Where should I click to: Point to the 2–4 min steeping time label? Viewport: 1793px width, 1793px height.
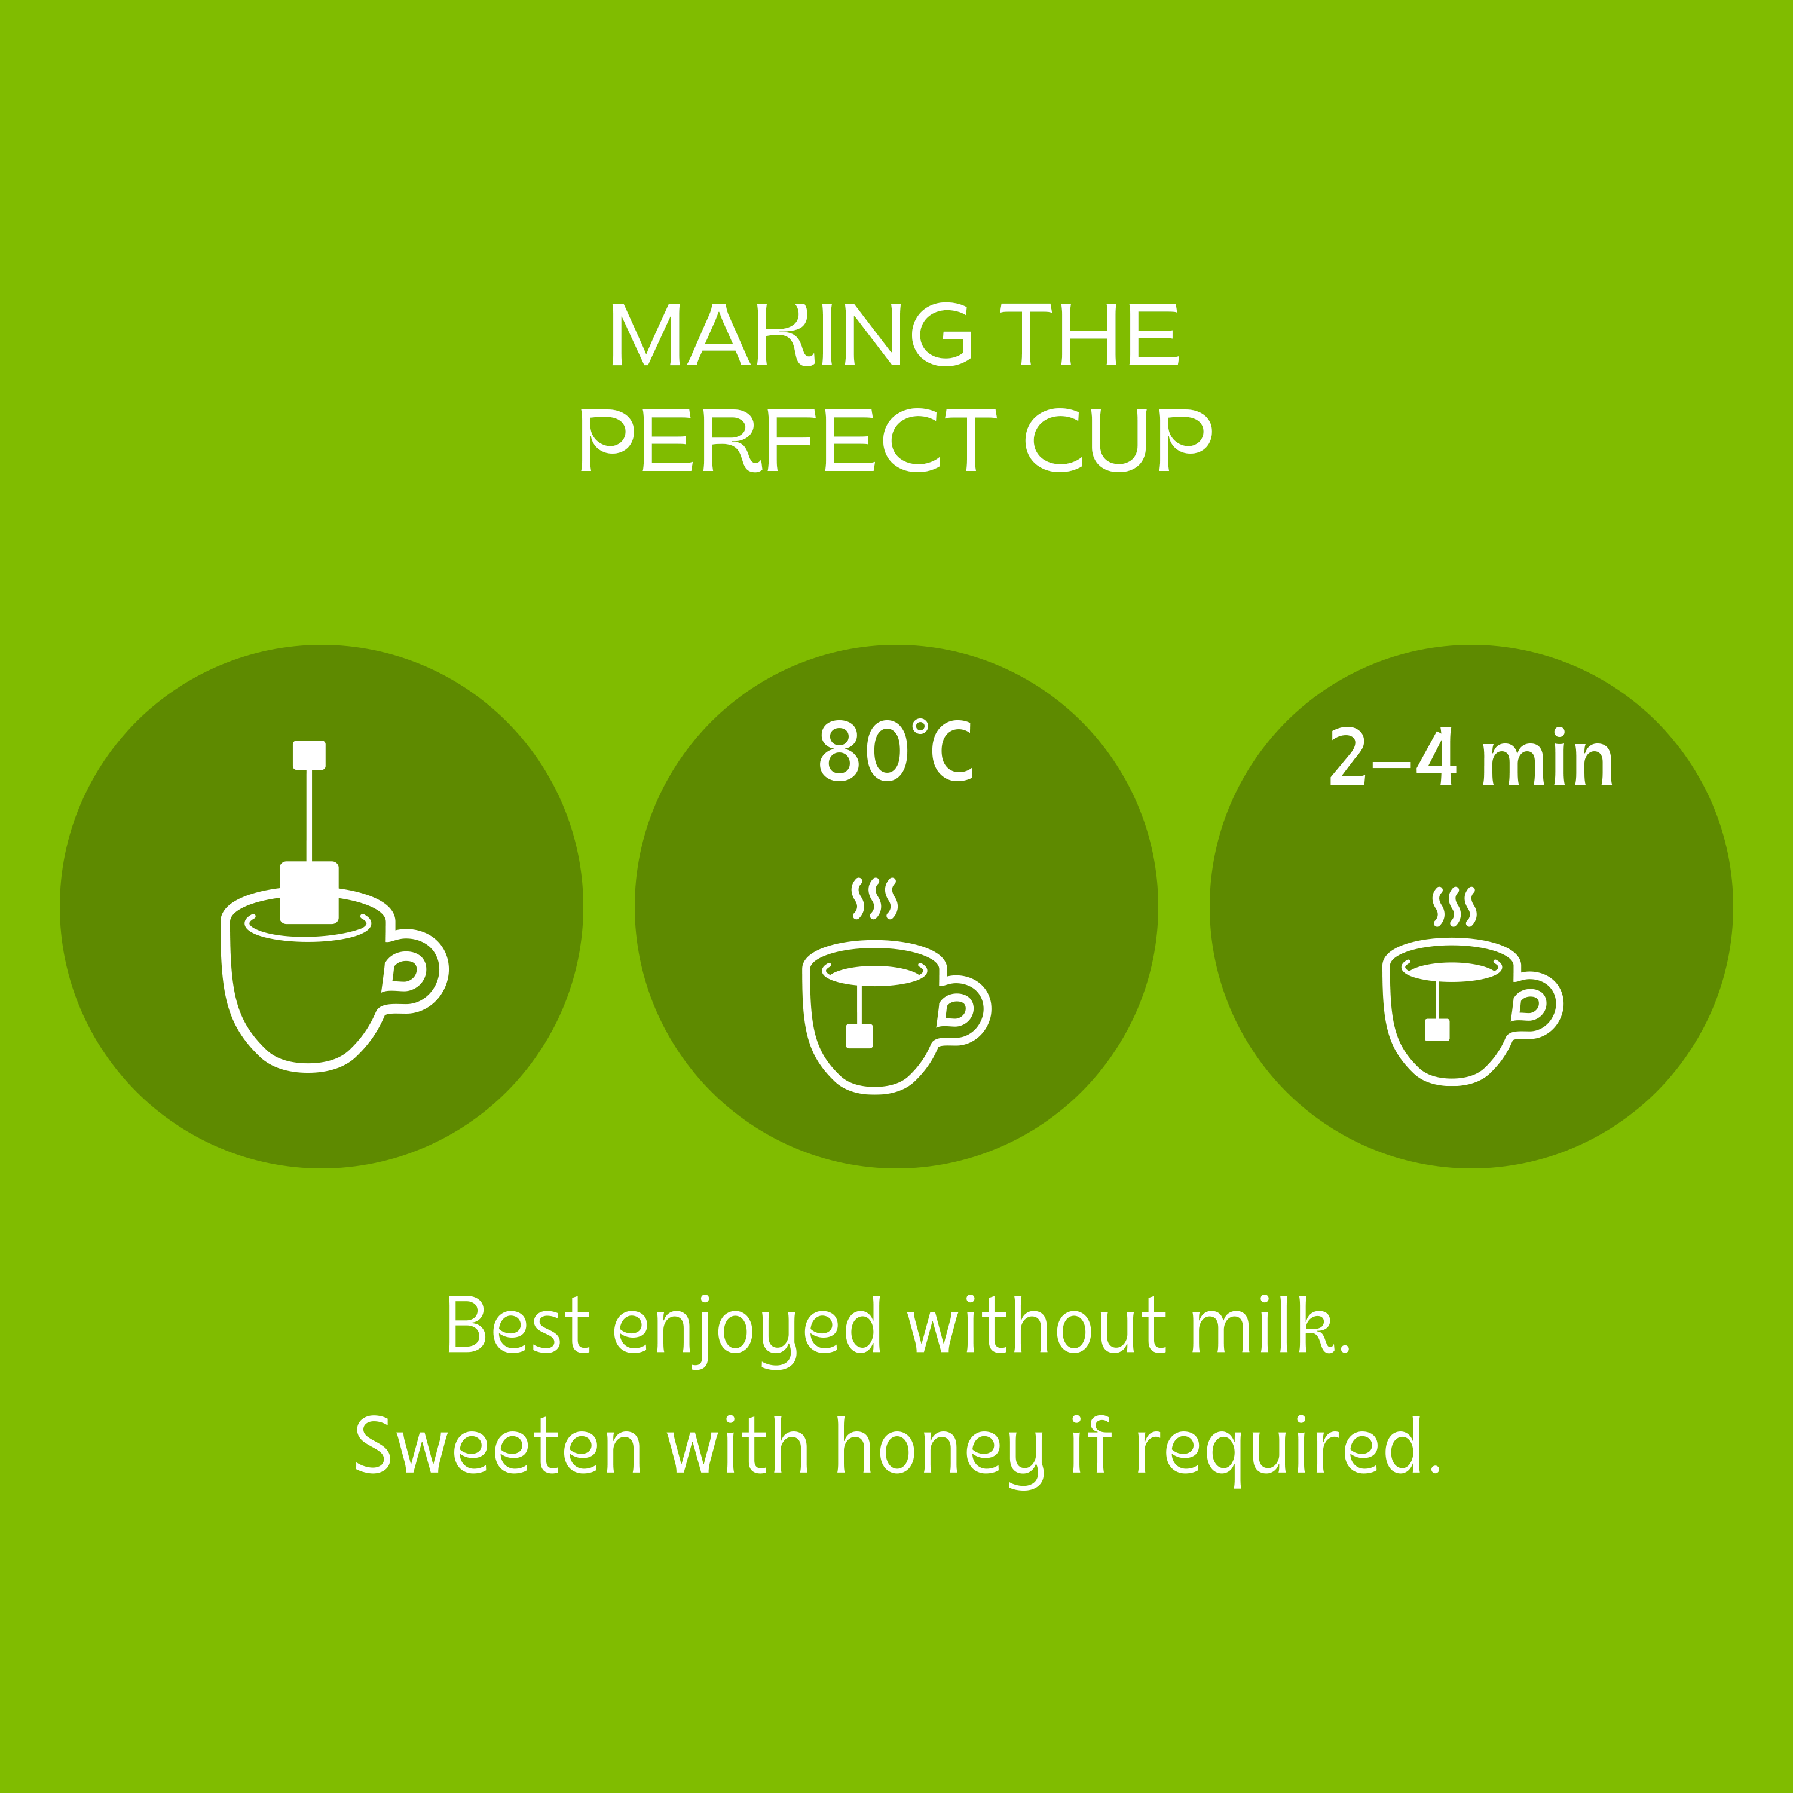tap(1471, 757)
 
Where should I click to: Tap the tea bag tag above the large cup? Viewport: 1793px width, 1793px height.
tap(309, 754)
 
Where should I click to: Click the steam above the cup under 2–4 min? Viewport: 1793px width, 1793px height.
tap(1454, 907)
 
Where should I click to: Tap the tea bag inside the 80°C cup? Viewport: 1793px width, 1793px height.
tap(859, 1036)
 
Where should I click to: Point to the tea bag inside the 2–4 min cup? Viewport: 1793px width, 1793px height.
tap(1437, 1029)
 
